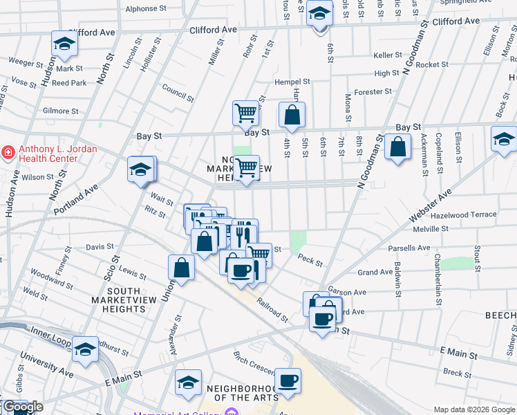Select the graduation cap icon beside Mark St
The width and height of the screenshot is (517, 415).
click(x=65, y=45)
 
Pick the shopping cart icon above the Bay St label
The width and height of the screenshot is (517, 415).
click(x=245, y=113)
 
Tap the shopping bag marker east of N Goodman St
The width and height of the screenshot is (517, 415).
click(x=398, y=147)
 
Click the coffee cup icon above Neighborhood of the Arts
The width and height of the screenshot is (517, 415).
click(x=288, y=380)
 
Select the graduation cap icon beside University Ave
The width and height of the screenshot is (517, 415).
click(x=86, y=349)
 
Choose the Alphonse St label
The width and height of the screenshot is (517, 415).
click(x=146, y=9)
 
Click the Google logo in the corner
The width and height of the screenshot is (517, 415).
click(x=22, y=407)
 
